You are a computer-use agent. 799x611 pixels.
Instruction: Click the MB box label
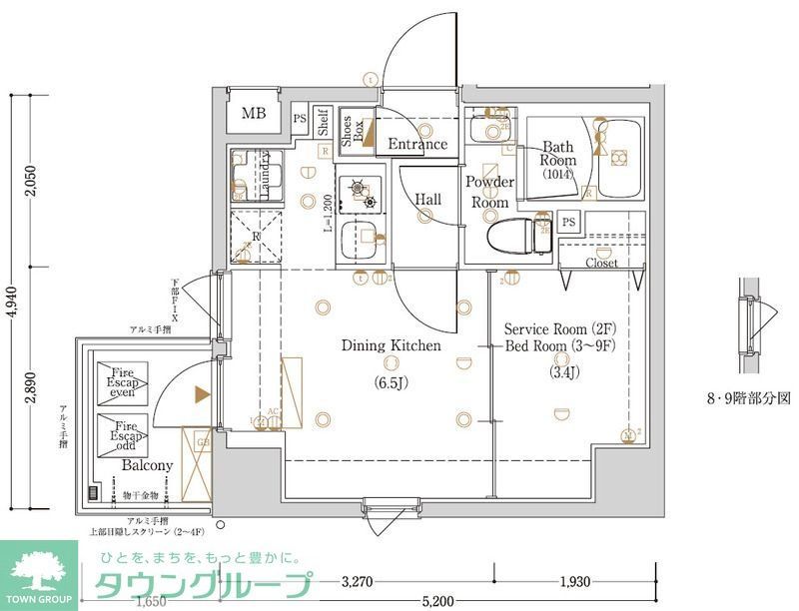point(254,113)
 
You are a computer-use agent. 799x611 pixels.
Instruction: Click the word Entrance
point(417,144)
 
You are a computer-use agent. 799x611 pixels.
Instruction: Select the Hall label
point(428,200)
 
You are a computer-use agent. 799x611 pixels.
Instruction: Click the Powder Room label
point(489,192)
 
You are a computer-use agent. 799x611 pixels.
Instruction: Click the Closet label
point(601,264)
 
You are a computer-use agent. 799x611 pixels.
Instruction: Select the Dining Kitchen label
point(391,346)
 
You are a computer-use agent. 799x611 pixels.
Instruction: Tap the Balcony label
point(148,465)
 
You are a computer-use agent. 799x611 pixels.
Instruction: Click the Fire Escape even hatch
point(123,383)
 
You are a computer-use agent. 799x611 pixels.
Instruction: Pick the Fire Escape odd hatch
point(123,432)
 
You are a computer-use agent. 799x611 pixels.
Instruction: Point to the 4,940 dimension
point(10,300)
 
